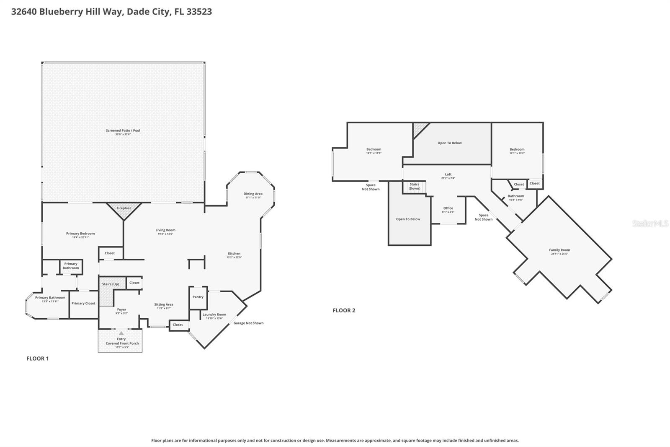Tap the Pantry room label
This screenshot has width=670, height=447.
[198, 297]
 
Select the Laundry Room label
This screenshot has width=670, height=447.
[214, 314]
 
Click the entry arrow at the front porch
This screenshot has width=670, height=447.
[121, 333]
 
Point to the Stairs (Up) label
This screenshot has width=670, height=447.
[111, 284]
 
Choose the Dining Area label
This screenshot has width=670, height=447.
[253, 194]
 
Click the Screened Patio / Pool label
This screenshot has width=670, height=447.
[123, 131]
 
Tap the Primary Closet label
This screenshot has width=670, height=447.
[83, 303]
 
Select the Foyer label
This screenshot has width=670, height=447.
[121, 309]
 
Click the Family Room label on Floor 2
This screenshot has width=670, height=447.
[559, 250]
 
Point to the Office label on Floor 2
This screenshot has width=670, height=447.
[448, 208]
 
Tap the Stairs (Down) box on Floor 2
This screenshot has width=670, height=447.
[414, 187]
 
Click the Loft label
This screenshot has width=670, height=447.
[448, 174]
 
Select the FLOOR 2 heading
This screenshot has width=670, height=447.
[344, 310]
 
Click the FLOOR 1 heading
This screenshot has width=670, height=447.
[38, 359]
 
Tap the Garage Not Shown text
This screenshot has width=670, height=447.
[248, 323]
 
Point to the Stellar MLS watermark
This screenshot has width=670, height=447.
[650, 224]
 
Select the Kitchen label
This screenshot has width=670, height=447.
[234, 253]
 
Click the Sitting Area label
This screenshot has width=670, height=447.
[164, 304]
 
